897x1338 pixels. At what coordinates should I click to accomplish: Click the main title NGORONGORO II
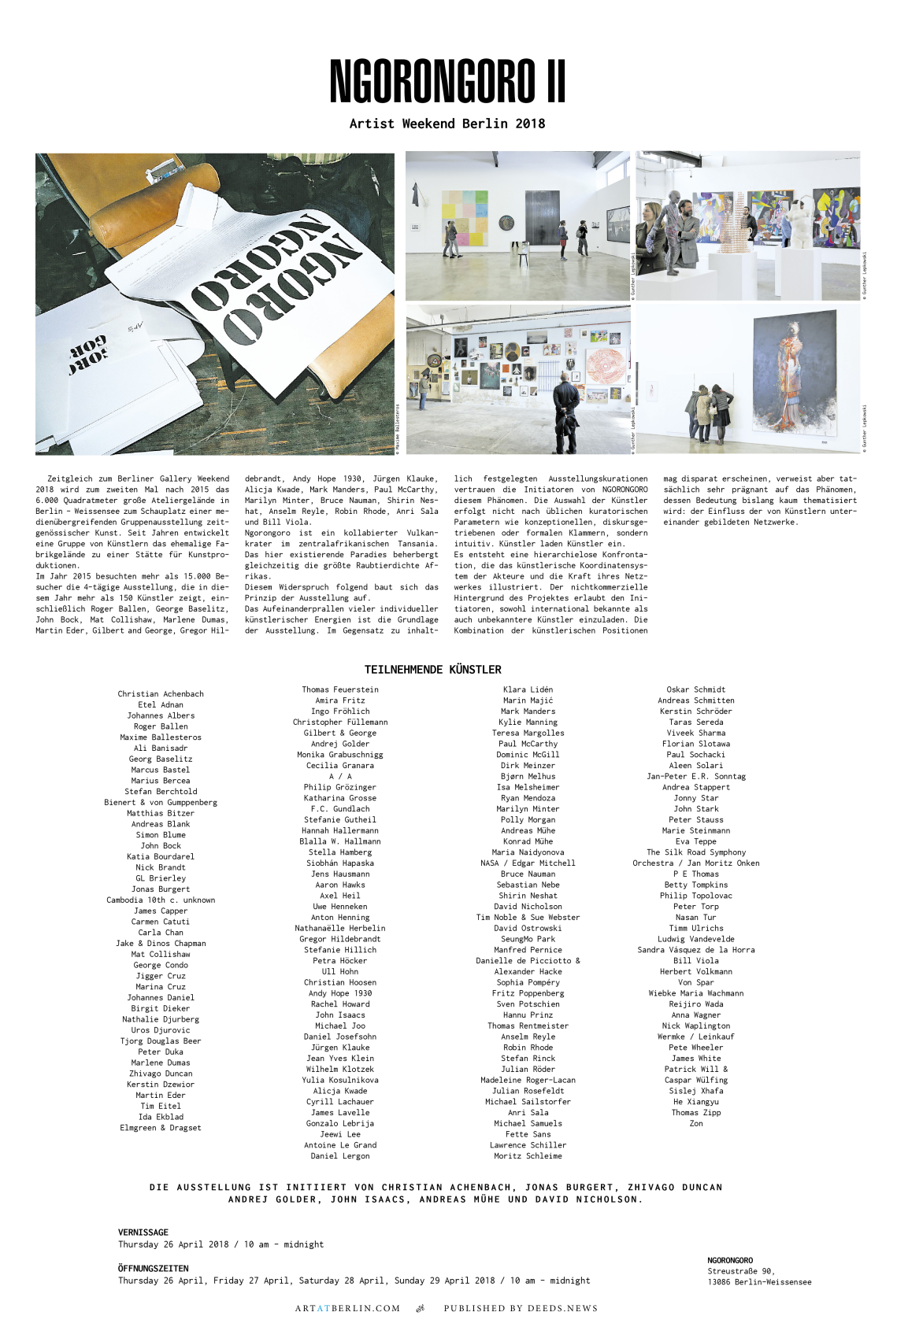coord(447,81)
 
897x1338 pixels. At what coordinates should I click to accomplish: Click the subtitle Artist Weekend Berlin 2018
coord(447,124)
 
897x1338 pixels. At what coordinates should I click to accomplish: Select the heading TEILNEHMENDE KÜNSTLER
coord(432,670)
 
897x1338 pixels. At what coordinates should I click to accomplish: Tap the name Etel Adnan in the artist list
coord(161,705)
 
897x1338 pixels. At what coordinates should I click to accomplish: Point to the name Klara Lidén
coord(528,689)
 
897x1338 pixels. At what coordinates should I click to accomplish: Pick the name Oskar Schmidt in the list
coord(696,689)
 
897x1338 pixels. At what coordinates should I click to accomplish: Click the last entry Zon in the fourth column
coord(696,1124)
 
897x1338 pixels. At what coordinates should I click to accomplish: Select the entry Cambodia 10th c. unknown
coord(161,900)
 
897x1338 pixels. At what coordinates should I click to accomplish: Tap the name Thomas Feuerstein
coord(340,689)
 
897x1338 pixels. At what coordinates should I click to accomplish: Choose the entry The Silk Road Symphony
coord(696,852)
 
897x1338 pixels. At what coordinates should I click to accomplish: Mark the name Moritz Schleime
coord(528,1156)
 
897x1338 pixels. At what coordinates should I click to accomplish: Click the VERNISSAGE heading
coord(143,1233)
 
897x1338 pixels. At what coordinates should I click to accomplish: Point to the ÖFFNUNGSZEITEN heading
coord(154,1269)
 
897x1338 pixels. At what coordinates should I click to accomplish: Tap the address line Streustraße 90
coord(741,1271)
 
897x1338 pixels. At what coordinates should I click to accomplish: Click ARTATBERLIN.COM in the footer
coord(347,1309)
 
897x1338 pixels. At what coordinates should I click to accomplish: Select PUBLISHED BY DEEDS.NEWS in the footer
coord(521,1309)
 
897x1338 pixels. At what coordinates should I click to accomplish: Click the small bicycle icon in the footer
coord(421,1309)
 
